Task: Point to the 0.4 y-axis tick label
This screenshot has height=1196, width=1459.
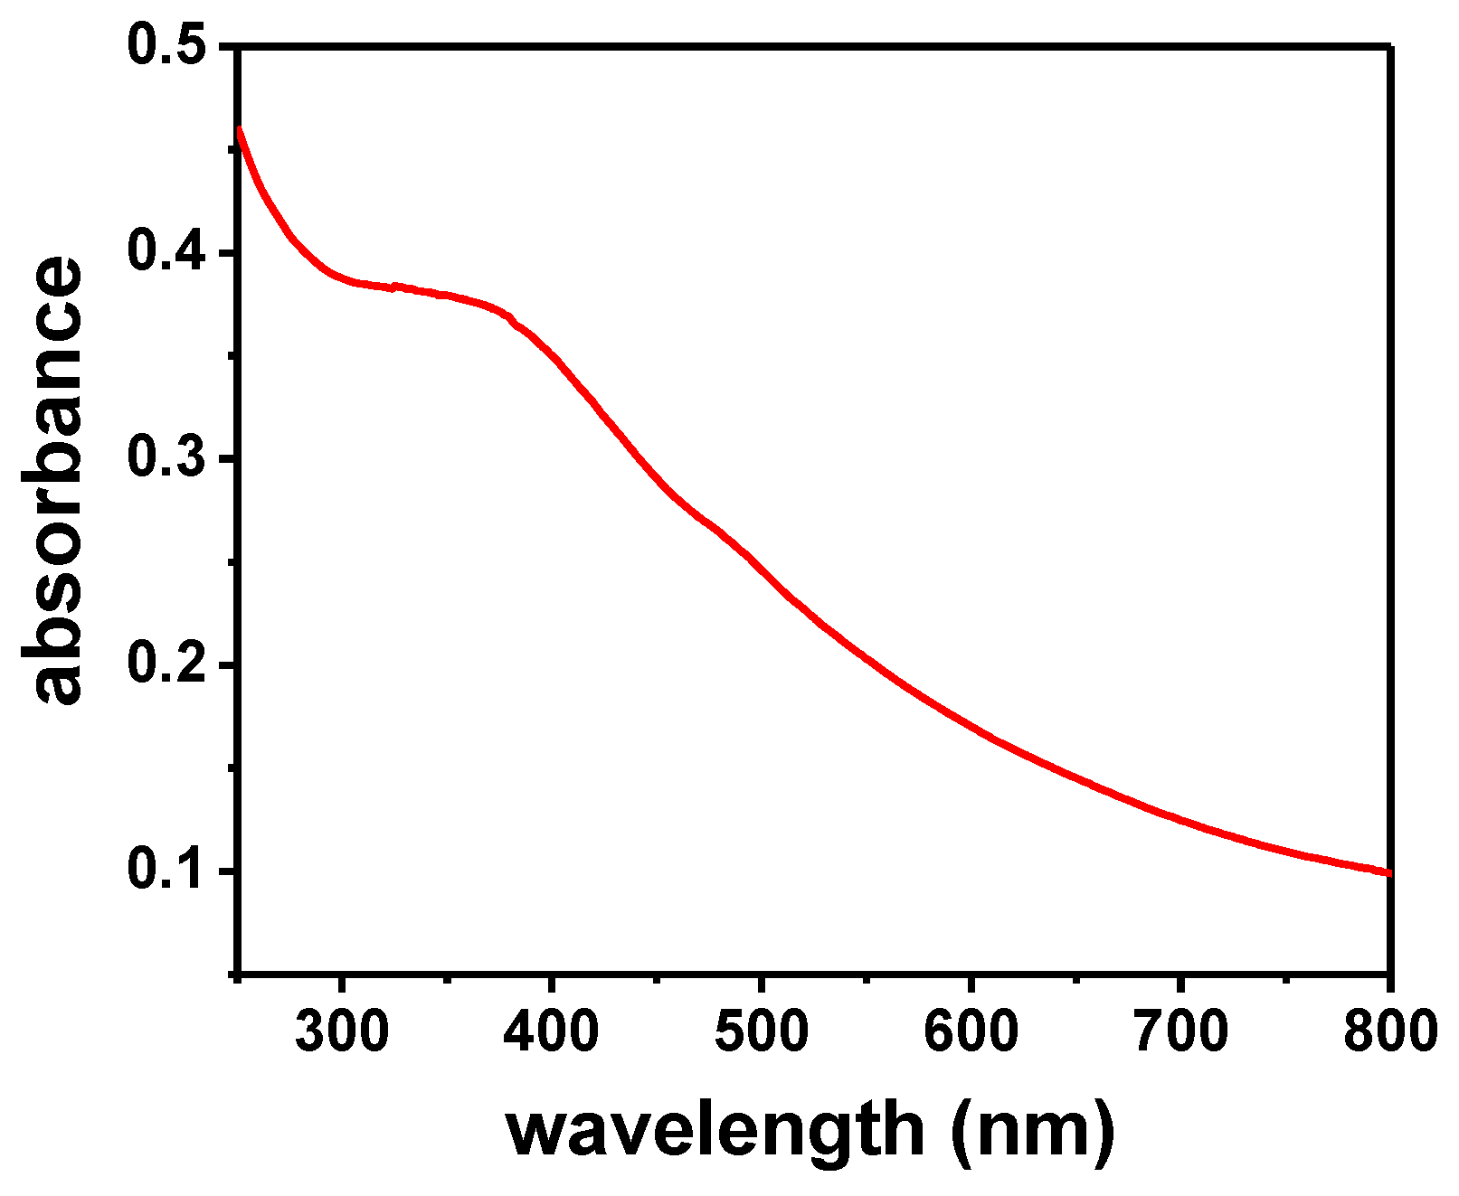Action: (x=168, y=252)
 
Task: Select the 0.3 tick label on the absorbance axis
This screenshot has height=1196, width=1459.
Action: (x=168, y=458)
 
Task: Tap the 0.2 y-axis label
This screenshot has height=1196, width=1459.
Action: (x=168, y=664)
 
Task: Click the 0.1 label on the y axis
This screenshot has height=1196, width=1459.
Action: (x=168, y=871)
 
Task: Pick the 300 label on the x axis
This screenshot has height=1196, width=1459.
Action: (x=342, y=1031)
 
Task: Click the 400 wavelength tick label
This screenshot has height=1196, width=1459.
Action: (x=551, y=1031)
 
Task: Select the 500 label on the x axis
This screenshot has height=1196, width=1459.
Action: (x=761, y=1031)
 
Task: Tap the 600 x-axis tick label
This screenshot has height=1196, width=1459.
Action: (x=971, y=1031)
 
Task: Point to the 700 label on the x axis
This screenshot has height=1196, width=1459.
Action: (x=1180, y=1031)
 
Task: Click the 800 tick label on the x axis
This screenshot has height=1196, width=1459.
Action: (x=1388, y=1031)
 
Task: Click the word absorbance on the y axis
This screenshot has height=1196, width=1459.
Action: (x=52, y=479)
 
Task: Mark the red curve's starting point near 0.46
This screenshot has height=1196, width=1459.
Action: (x=240, y=130)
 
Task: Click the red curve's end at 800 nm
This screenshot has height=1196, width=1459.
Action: (x=1388, y=872)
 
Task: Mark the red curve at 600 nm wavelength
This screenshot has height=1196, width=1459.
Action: (x=971, y=725)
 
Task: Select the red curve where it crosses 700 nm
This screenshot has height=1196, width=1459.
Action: (x=1180, y=819)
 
